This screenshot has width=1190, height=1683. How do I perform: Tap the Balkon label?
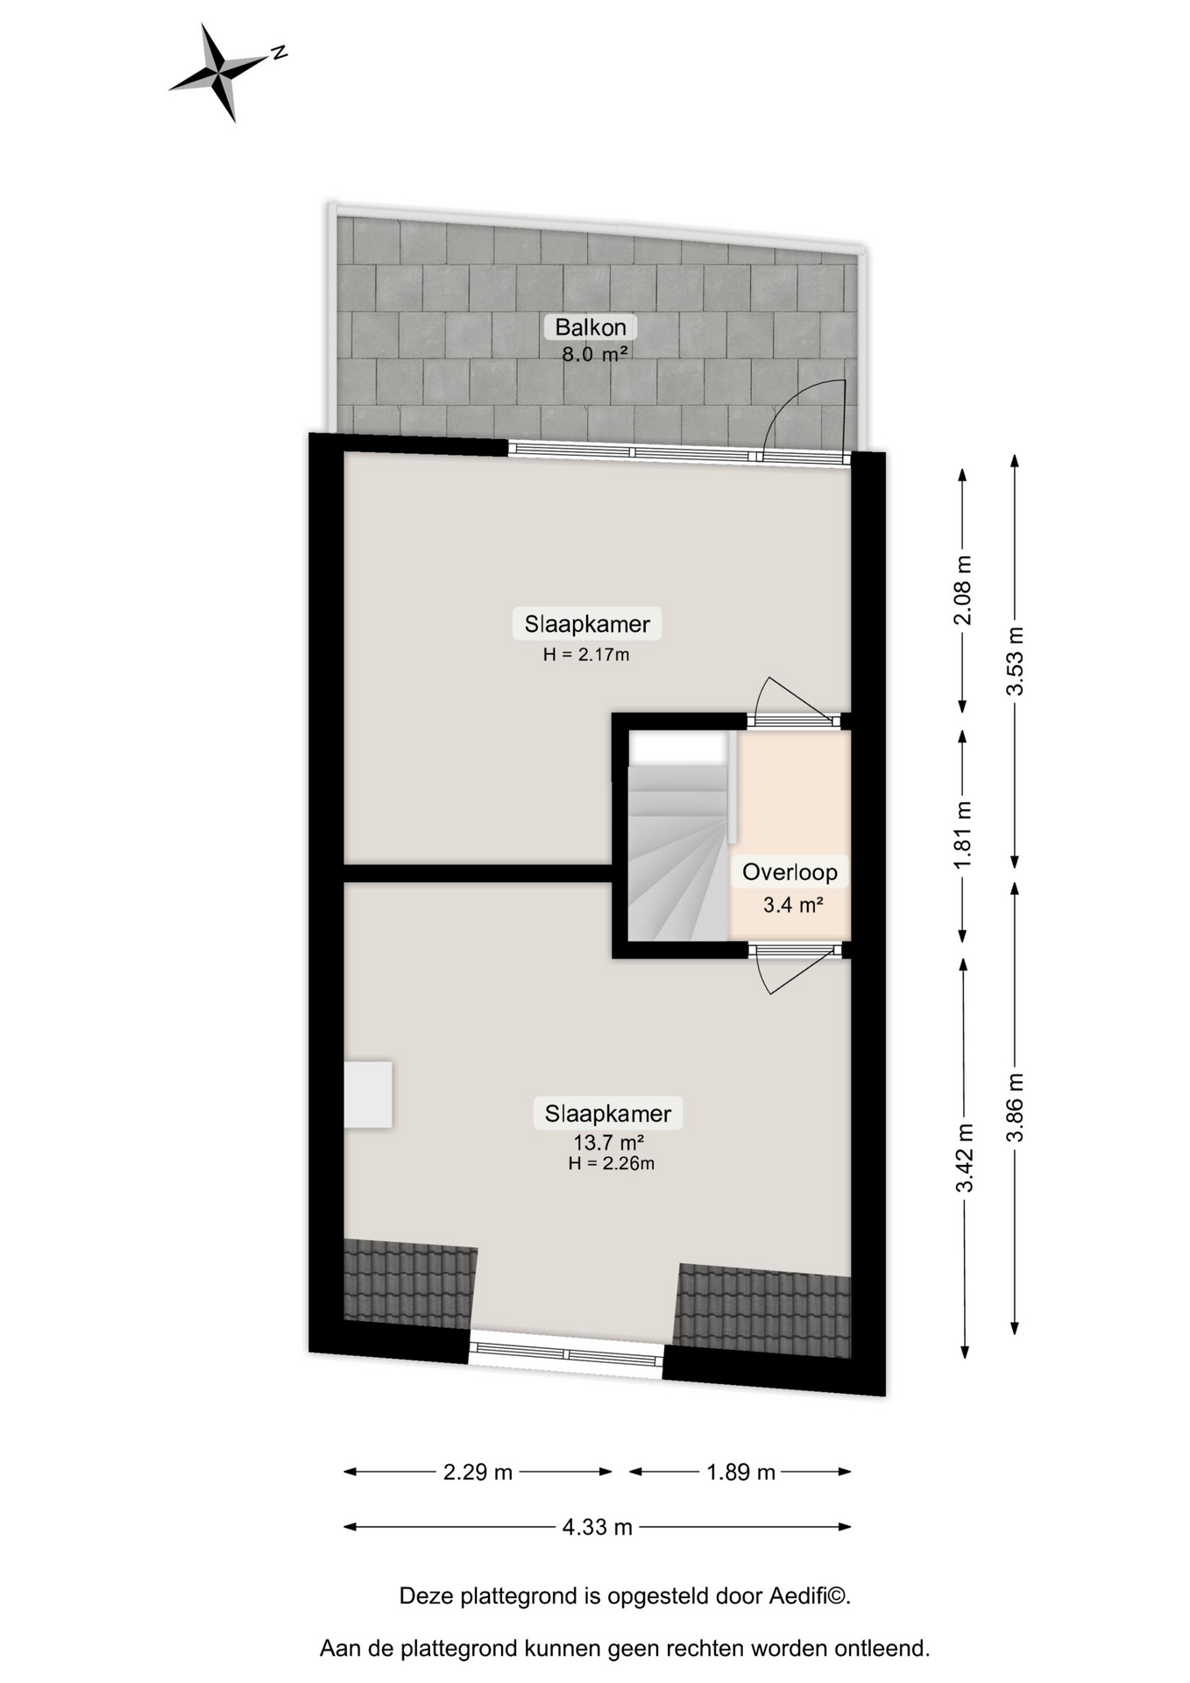coord(591,327)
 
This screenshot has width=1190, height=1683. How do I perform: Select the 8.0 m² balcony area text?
coord(595,354)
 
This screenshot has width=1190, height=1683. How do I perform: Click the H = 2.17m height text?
coord(586,654)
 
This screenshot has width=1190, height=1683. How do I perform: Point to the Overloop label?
coord(790,872)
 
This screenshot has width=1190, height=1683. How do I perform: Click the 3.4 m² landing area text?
coord(793,905)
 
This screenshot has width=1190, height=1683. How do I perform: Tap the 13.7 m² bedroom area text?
coord(609,1142)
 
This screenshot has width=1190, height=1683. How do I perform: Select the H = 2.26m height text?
coord(611,1163)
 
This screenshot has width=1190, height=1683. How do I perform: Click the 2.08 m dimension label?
coord(963,590)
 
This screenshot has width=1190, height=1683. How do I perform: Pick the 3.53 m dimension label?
coord(1015,661)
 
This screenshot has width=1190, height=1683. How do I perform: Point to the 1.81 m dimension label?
coord(963,836)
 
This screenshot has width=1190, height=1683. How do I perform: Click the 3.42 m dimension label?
coord(965,1158)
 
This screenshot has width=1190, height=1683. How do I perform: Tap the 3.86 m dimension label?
coord(1015,1108)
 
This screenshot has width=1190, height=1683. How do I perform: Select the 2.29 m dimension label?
coord(478,1472)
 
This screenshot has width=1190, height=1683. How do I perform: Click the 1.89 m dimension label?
coord(741,1472)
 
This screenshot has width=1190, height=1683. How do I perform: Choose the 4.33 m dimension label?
coord(598,1527)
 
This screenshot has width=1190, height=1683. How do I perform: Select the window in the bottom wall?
coord(566,1354)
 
